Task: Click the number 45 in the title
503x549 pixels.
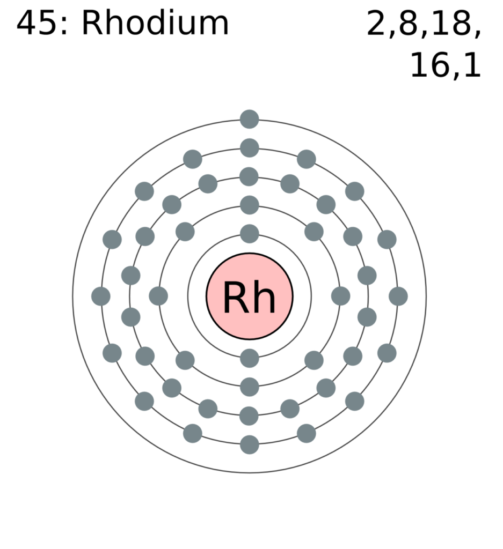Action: [x=37, y=24]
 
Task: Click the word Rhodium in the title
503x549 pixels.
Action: [x=155, y=23]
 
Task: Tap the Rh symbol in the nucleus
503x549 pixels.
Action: [x=249, y=298]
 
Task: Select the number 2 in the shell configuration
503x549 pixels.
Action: [x=376, y=24]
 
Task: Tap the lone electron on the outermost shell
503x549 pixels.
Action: [x=249, y=119]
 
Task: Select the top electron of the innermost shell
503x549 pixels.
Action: [x=249, y=234]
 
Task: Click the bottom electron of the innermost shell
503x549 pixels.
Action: [x=249, y=358]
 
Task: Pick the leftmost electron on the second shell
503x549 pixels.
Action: [x=158, y=296]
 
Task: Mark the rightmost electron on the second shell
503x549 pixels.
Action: [x=340, y=296]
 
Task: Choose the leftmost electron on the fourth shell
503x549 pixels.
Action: [x=101, y=296]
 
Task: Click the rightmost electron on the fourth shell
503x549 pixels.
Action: [x=398, y=296]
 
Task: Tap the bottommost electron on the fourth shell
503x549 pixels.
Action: [x=249, y=444]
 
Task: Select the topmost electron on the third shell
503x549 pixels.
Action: [x=249, y=176]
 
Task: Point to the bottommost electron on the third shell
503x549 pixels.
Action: [x=249, y=416]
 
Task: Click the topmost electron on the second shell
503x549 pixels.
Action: [x=249, y=205]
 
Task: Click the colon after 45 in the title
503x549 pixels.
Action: [x=64, y=26]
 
